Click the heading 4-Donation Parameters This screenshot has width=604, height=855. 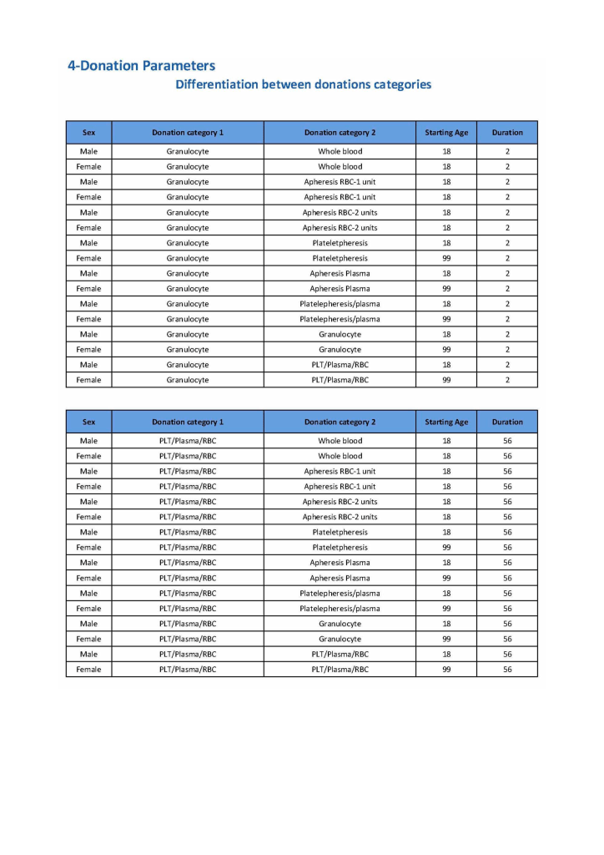(x=141, y=66)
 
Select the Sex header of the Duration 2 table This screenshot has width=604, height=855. (x=88, y=133)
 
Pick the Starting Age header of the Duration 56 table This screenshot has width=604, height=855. (x=446, y=422)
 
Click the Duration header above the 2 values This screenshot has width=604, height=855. (x=507, y=133)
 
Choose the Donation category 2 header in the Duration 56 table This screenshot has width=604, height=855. (x=340, y=422)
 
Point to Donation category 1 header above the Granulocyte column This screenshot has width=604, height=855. (x=188, y=133)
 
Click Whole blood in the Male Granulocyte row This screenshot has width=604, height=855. (x=340, y=152)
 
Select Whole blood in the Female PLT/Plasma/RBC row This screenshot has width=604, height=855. (x=340, y=456)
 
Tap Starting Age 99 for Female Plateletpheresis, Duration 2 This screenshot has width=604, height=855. (x=446, y=258)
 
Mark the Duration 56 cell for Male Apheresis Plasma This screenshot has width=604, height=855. (x=507, y=563)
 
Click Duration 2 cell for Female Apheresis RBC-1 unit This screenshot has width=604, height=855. (x=507, y=197)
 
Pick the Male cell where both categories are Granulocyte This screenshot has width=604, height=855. (x=88, y=334)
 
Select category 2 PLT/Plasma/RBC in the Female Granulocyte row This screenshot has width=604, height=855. (x=340, y=380)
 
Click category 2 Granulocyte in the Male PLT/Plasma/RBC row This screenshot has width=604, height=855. (x=340, y=624)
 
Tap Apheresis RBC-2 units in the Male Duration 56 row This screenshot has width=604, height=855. (x=340, y=502)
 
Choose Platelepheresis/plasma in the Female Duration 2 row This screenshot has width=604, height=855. (x=340, y=319)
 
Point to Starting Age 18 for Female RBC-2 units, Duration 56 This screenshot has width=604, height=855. (x=446, y=517)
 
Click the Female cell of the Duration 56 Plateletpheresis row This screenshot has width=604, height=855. (x=88, y=548)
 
